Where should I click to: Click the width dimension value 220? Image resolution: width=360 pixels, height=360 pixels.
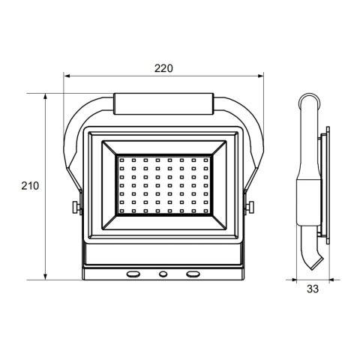163,67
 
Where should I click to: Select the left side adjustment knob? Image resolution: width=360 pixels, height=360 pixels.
76,208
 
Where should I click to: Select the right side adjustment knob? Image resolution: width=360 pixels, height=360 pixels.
252,208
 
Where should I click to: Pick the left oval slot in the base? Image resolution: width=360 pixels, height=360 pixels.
133,274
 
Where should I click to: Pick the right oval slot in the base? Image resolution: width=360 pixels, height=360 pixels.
193,274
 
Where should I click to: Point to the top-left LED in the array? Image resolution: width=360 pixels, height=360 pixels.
121,160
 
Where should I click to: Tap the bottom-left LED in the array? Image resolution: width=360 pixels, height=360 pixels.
121,212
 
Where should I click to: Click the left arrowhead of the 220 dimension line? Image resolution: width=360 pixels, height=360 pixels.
67,76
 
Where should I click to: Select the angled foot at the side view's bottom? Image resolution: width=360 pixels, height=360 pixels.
313,262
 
